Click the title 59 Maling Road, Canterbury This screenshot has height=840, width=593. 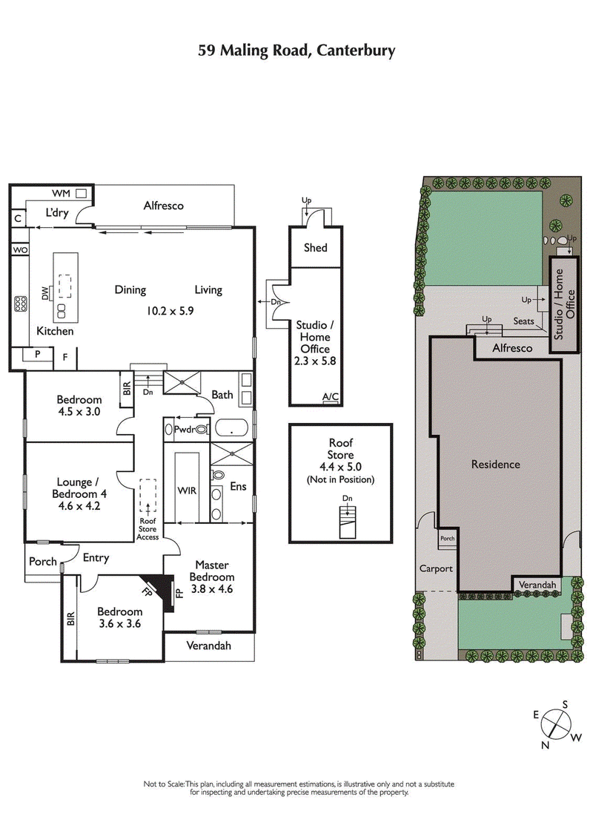point(296,50)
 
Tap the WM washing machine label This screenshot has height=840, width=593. point(62,194)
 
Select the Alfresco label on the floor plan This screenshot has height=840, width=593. point(163,206)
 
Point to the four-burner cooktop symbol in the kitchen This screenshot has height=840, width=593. point(21,304)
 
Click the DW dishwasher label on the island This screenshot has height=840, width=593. point(45,295)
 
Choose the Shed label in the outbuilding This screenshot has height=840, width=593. point(316,248)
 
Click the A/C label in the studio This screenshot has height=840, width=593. point(331,397)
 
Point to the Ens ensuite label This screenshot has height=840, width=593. point(238,488)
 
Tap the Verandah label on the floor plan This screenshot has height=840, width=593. point(208,646)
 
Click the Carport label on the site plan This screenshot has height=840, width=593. point(436,569)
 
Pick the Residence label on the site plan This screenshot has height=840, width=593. point(496,465)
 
